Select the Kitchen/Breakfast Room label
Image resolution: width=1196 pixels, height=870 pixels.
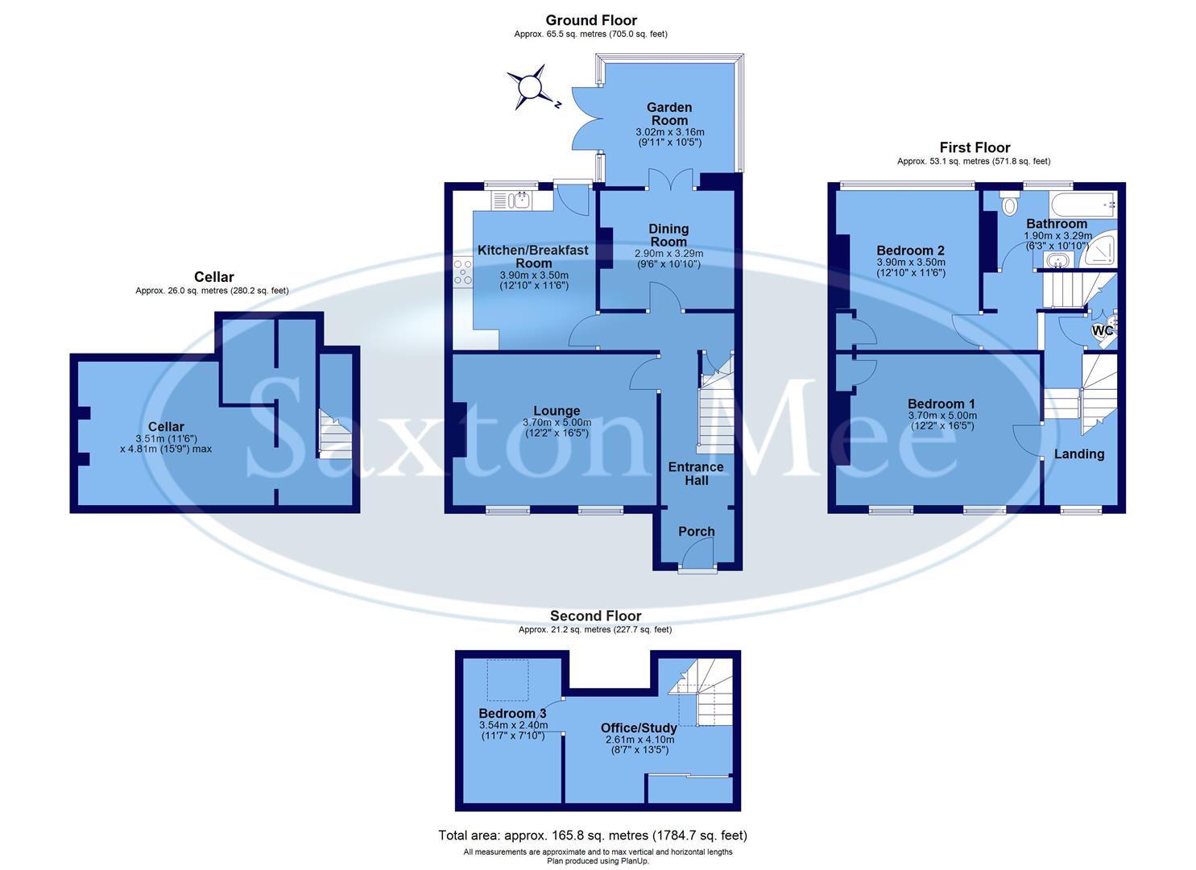tap(533, 256)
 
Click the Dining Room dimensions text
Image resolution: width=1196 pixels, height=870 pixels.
tap(668, 259)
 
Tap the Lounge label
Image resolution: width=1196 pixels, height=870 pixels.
tap(557, 411)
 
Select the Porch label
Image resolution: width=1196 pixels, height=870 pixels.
tap(696, 532)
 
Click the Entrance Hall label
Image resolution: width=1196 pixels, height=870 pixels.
tap(696, 474)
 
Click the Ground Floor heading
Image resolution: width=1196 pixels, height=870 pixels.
tap(591, 20)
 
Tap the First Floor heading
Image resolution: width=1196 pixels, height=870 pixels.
tap(975, 147)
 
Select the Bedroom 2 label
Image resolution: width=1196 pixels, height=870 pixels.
tap(910, 251)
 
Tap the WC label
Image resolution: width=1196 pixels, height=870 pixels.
tap(1102, 330)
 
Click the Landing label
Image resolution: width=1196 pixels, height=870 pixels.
tap(1079, 454)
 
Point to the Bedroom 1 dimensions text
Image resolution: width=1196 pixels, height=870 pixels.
tap(941, 420)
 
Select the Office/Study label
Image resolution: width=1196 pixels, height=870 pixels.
tap(639, 727)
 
